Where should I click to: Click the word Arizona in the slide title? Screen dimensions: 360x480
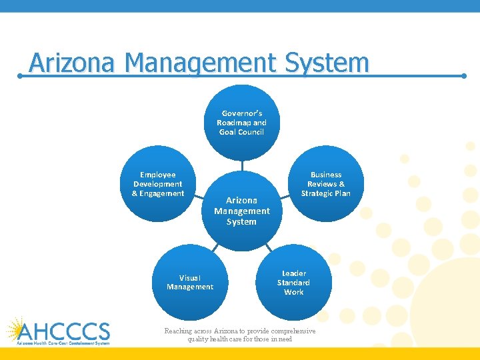(73, 63)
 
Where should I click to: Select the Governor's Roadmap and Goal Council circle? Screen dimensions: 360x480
(241, 123)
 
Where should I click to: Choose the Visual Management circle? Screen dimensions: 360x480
(190, 283)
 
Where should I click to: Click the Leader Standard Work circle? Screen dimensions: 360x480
(293, 283)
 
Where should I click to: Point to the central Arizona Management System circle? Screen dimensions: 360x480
(241, 211)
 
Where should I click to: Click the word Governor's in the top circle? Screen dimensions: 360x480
(242, 113)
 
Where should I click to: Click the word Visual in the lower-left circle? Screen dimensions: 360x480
(190, 278)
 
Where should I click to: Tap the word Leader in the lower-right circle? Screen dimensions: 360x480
(294, 273)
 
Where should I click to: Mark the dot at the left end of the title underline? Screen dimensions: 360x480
(21, 76)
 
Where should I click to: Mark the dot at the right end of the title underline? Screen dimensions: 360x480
(464, 76)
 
